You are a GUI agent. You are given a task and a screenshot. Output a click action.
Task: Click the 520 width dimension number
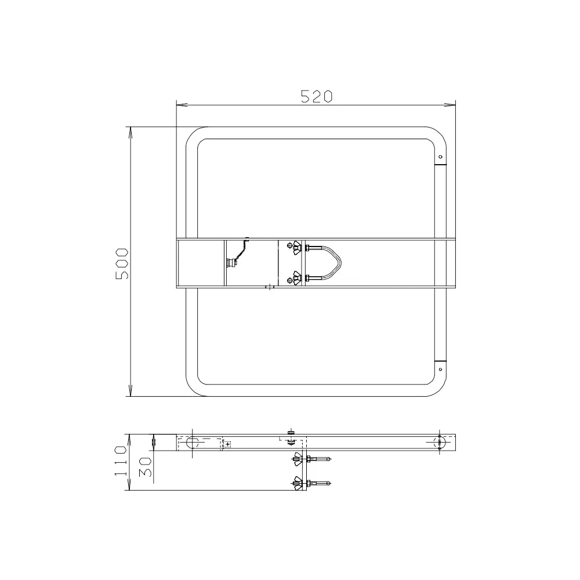[x=317, y=96]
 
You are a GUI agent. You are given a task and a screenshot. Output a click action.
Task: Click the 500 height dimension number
[x=122, y=263]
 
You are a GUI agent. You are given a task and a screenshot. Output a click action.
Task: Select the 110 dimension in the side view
[x=121, y=461]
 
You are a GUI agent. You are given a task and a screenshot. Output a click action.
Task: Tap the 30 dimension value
[x=146, y=467]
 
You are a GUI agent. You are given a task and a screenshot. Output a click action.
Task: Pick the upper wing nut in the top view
[x=296, y=248]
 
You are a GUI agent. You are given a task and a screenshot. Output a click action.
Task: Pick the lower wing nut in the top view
[x=296, y=278]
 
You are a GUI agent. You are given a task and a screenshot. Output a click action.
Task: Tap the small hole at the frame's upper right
[x=440, y=157]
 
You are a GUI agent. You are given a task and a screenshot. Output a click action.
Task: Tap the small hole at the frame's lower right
[x=440, y=369]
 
